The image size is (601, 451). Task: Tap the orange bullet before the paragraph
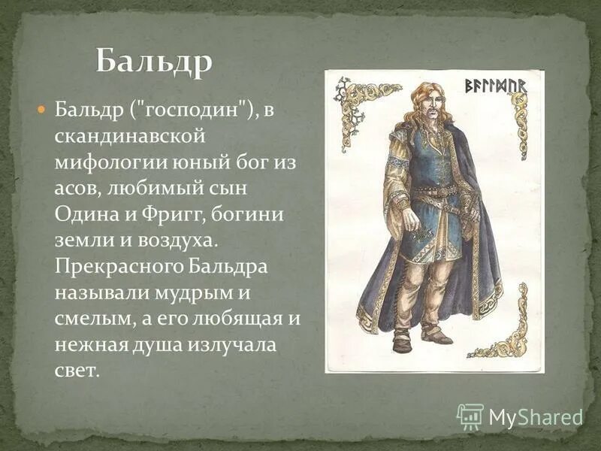(x=42, y=110)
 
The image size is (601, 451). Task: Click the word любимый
(x=158, y=188)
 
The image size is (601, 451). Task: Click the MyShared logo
(x=520, y=416)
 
